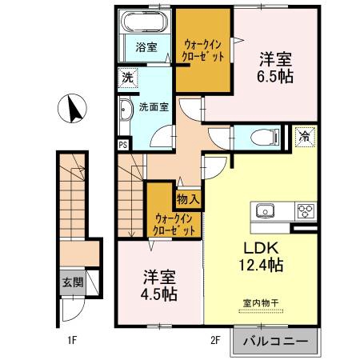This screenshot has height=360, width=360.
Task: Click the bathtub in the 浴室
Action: coord(145,22)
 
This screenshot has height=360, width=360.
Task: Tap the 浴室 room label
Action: coord(146,47)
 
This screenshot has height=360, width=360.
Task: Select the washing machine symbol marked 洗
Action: coord(128,78)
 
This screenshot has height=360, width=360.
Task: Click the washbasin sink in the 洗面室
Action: coord(126,110)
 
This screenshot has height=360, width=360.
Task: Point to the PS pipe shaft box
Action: coord(123,145)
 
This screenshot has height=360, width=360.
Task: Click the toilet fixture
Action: coord(265,137)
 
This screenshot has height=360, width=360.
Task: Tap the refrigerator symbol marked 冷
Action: coord(305,137)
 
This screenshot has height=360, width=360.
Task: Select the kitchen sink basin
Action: coord(265,211)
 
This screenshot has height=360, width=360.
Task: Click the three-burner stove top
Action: coord(306,211)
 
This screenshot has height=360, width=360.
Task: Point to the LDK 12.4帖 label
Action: coord(261,257)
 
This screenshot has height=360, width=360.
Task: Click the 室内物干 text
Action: coord(261,303)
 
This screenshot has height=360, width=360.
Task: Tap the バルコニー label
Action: coord(276,341)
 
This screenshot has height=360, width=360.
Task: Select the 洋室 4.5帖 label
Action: coord(159,286)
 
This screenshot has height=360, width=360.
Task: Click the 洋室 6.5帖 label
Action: coord(275,68)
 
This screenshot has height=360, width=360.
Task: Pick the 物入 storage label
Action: coord(188,199)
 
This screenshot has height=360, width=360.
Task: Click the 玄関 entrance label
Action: coord(73,282)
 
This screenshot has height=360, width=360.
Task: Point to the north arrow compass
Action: coord(72,108)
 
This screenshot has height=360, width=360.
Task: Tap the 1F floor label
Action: coord(72,340)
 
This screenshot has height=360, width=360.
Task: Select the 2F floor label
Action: coord(215,340)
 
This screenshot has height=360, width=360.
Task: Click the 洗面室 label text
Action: coord(154,107)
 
